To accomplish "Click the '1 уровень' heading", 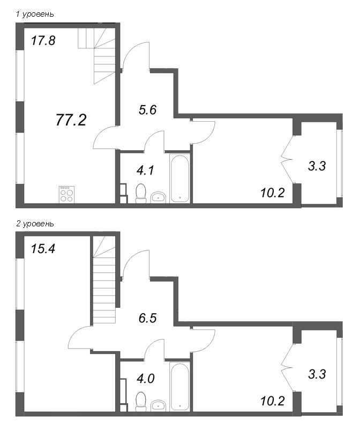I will [x=35, y=14].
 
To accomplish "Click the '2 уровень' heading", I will [x=35, y=223].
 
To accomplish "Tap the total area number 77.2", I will [x=71, y=120].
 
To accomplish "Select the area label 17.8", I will [x=43, y=41].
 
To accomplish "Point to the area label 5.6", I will [x=146, y=110].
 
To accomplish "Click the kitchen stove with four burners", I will [x=66, y=194].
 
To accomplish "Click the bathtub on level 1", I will [x=180, y=179].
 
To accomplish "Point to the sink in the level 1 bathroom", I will [x=159, y=197].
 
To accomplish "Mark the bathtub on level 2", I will [x=180, y=386].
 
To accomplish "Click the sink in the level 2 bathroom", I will [x=159, y=405].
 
